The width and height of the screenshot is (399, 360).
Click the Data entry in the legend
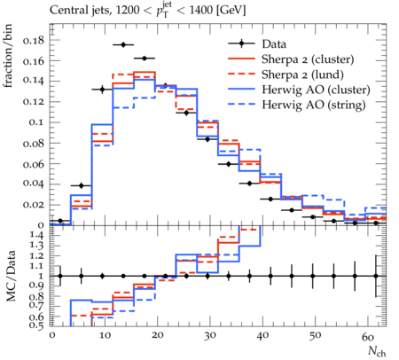click(x=274, y=44)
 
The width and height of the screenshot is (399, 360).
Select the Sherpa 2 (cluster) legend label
click(x=308, y=59)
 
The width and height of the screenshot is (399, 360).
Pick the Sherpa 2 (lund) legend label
click(x=302, y=74)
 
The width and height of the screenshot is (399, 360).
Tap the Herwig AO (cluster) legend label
click(x=316, y=90)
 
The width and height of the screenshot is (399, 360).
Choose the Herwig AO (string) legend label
click(x=314, y=105)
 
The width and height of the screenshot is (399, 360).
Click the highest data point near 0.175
click(x=123, y=44)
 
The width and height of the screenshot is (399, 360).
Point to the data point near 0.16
click(x=145, y=59)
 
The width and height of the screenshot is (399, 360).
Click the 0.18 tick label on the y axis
click(x=33, y=40)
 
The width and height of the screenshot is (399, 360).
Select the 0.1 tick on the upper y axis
click(x=36, y=122)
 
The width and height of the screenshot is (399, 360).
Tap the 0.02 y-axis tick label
click(x=33, y=205)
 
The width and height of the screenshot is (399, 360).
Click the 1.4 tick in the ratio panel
click(x=37, y=235)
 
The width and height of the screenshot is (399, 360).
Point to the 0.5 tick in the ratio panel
click(x=37, y=325)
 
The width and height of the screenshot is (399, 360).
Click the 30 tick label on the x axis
click(x=210, y=336)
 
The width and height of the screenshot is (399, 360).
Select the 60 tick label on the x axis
click(x=368, y=336)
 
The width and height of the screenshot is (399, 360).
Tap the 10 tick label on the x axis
click(x=105, y=336)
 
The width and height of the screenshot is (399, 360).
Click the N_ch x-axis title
click(x=377, y=351)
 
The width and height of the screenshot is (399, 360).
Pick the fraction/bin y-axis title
click(x=8, y=56)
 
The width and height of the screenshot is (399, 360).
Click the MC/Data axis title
click(x=11, y=276)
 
